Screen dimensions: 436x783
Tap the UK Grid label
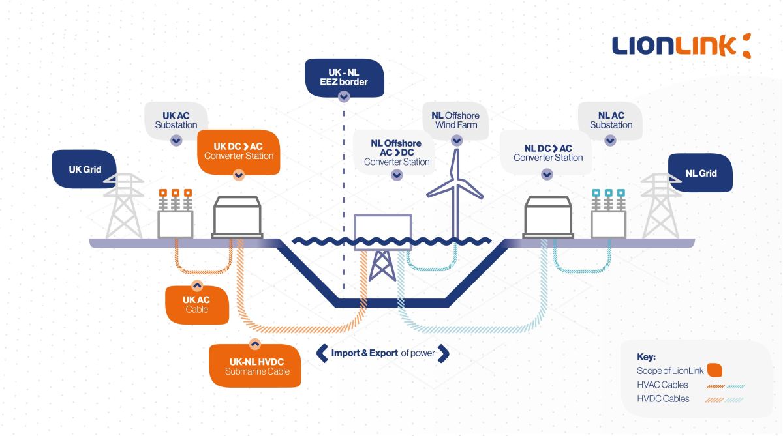pyautogui.click(x=85, y=169)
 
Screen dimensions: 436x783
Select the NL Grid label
pyautogui.click(x=701, y=173)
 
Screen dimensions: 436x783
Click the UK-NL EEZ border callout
pyautogui.click(x=344, y=78)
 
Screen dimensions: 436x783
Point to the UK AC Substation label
pyautogui.click(x=176, y=120)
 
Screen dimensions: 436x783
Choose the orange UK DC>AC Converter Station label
pyautogui.click(x=238, y=151)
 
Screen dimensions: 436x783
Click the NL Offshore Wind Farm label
pyautogui.click(x=456, y=120)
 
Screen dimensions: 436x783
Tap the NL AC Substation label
pyautogui.click(x=611, y=120)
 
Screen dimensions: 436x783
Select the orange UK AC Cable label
pyautogui.click(x=197, y=304)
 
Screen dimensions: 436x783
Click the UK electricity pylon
pyautogui.click(x=124, y=207)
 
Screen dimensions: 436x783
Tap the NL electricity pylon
pyautogui.click(x=660, y=207)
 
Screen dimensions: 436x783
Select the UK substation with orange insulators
pyautogui.click(x=176, y=215)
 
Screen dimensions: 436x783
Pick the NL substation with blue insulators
pyautogui.click(x=608, y=215)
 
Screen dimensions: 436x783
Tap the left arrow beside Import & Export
pyautogui.click(x=322, y=353)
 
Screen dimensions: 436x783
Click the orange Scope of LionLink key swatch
pyautogui.click(x=714, y=371)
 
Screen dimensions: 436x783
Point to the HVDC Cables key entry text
pyautogui.click(x=663, y=399)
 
